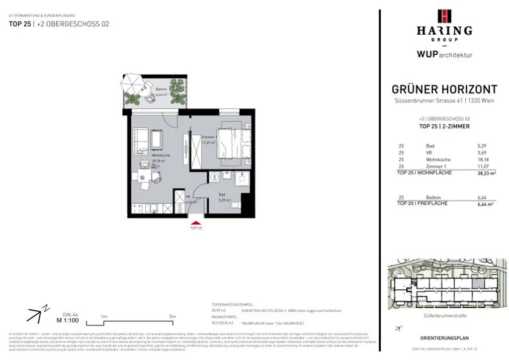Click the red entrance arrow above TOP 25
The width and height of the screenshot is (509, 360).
point(196,223)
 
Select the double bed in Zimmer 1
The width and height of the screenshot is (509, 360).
point(233,145)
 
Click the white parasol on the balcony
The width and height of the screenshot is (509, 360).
point(133,81)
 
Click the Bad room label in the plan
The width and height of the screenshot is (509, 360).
point(223,196)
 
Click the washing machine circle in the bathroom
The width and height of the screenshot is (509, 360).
point(215,176)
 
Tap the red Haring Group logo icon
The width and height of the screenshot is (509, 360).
point(444,16)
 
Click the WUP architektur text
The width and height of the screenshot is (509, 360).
point(444,54)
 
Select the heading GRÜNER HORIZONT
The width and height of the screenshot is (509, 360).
point(444,90)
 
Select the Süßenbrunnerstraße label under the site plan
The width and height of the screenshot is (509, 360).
point(444,315)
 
